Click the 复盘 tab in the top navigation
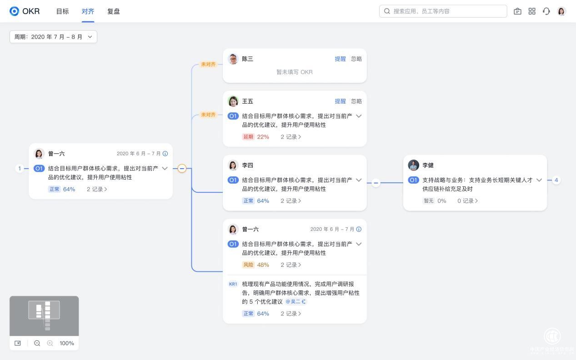tap(113, 11)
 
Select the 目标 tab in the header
tap(62, 11)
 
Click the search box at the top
tap(443, 11)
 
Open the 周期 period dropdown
tap(53, 37)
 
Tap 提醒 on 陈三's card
tap(340, 59)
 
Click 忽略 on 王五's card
tap(356, 101)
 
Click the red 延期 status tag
tap(248, 137)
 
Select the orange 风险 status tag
tap(248, 265)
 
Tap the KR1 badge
tap(233, 284)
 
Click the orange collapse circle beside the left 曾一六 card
tap(182, 169)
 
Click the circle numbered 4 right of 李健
tap(556, 180)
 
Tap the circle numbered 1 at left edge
tap(20, 169)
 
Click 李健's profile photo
tap(413, 165)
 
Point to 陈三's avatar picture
tap(233, 59)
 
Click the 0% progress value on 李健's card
tap(441, 201)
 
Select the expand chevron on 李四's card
tap(359, 180)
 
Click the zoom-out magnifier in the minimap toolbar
tap(37, 343)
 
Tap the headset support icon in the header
tap(546, 11)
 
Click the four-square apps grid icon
tap(532, 11)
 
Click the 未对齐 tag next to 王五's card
tap(208, 115)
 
